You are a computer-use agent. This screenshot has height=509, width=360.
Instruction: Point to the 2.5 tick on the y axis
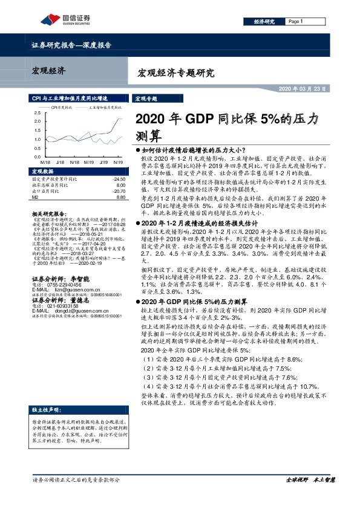coord(38,113)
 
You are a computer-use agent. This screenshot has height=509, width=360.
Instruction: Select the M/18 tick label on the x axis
coord(44,162)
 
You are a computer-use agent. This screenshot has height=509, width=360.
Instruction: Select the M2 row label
coord(34,197)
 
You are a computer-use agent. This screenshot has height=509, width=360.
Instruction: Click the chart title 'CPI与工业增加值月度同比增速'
coord(71,97)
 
